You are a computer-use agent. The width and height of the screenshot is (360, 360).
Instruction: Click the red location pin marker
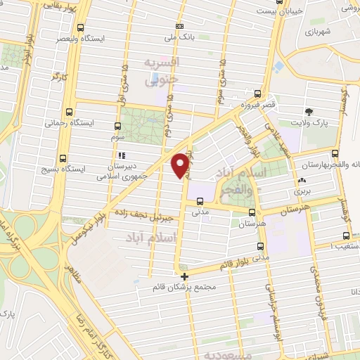181,165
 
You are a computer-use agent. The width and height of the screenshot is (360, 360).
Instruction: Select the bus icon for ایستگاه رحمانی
69,112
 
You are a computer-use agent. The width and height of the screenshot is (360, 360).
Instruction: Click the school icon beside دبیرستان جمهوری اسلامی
122,155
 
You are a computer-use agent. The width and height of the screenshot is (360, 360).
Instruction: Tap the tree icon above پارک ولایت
308,112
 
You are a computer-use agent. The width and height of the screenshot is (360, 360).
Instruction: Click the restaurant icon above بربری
301,180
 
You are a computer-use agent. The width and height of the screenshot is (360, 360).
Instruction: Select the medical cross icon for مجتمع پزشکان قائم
184,276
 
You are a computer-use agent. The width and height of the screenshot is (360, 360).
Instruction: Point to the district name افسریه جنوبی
162,72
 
